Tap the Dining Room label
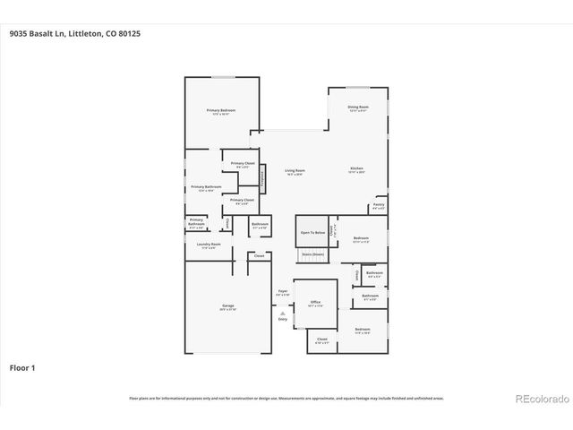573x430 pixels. (x=358, y=107)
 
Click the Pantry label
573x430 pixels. (x=379, y=205)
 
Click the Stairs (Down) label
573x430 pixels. (x=312, y=255)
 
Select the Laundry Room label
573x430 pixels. (x=209, y=245)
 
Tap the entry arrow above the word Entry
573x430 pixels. (x=283, y=312)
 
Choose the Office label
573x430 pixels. (x=315, y=303)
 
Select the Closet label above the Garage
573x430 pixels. (x=259, y=256)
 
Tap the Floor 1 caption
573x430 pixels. (x=22, y=367)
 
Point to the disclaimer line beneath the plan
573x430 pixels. (x=286, y=398)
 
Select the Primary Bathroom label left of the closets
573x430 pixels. (x=207, y=187)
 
